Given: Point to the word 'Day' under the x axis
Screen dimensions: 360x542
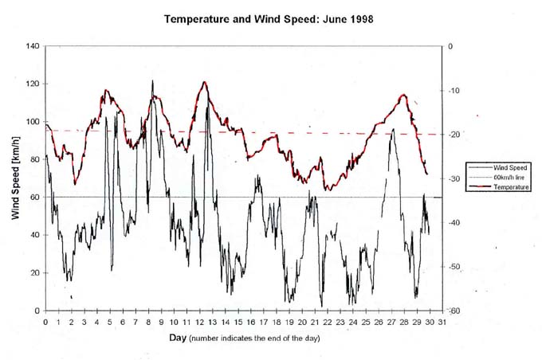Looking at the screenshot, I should point(179,340).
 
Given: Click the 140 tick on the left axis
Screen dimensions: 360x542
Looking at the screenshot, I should point(32,46).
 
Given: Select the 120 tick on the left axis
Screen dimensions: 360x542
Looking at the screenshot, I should point(32,84).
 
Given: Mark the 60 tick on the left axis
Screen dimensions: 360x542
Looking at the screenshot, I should point(34,197).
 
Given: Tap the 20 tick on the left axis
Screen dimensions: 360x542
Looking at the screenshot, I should point(34,272).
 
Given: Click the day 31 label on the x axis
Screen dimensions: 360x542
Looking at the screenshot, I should point(442,322).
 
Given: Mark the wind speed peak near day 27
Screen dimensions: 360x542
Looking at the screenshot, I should point(392,129).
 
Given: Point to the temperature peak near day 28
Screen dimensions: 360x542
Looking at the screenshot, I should point(404,95).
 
